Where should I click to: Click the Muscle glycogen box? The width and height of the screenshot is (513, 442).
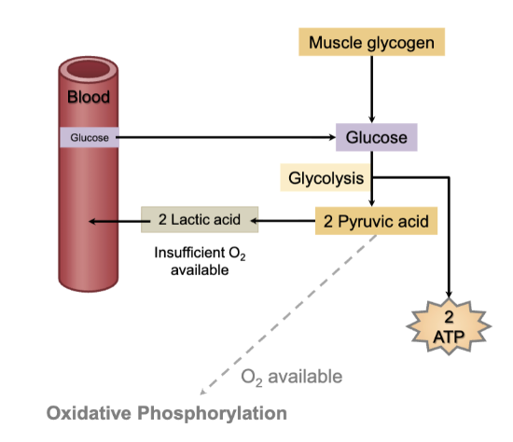(371, 42)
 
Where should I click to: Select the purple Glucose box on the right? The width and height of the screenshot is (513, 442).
(376, 138)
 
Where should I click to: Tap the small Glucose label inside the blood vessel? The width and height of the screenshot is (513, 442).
(89, 138)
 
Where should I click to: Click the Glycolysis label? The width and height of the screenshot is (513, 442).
(326, 177)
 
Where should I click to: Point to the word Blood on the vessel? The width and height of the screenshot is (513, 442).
(89, 97)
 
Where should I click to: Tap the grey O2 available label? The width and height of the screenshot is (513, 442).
(291, 377)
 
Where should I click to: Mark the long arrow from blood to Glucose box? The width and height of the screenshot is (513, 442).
(224, 138)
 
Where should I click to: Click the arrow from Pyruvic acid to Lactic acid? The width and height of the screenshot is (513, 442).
(284, 221)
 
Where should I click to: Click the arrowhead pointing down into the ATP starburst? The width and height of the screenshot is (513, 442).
(451, 293)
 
